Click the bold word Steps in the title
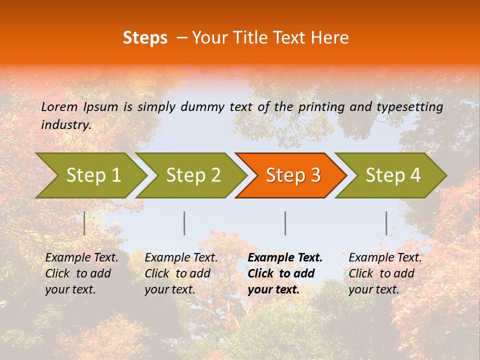click(145, 37)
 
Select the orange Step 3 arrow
click(292, 175)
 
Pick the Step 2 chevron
click(193, 175)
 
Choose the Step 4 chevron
click(393, 175)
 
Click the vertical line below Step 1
click(84, 223)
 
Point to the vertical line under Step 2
click(184, 223)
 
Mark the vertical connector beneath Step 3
click(285, 223)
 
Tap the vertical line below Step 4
click(386, 223)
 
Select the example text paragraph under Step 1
click(81, 273)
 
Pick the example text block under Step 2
click(181, 273)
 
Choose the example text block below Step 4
click(385, 273)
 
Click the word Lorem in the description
click(59, 106)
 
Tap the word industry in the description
click(65, 125)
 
